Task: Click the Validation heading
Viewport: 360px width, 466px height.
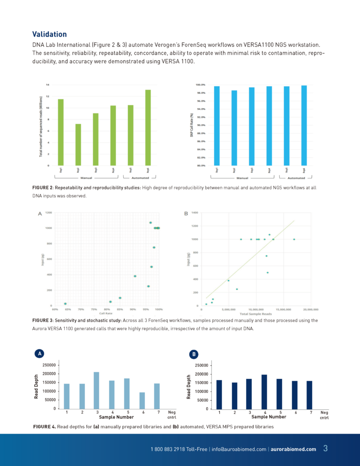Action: click(x=49, y=34)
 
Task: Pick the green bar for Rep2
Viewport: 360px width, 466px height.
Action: click(x=78, y=144)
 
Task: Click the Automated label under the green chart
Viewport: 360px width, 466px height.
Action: click(x=140, y=178)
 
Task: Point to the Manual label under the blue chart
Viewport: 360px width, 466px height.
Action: click(x=242, y=178)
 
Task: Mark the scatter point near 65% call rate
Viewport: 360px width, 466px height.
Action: click(x=66, y=304)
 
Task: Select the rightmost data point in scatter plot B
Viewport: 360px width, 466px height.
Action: click(x=294, y=239)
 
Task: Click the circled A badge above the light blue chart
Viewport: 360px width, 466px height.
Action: click(x=39, y=353)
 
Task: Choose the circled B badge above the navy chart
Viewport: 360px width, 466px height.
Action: click(x=193, y=353)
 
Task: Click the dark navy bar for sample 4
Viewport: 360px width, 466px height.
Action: click(x=265, y=391)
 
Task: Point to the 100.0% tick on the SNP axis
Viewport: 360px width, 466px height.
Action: click(x=200, y=85)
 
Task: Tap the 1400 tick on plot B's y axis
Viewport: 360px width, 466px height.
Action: click(x=195, y=213)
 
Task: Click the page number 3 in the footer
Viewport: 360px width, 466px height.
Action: click(x=325, y=449)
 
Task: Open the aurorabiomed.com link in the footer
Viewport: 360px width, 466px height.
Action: click(x=294, y=449)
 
